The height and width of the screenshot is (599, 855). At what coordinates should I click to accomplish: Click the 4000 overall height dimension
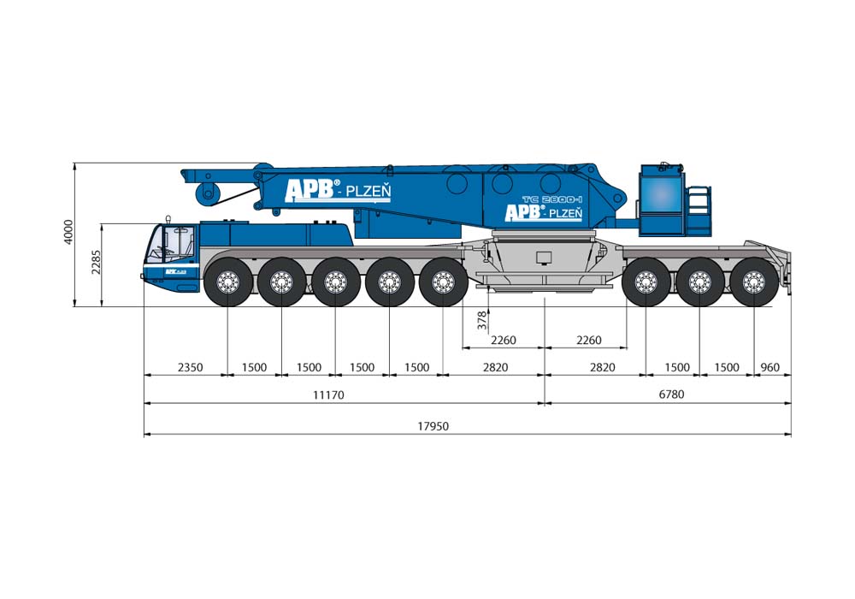[x=69, y=234]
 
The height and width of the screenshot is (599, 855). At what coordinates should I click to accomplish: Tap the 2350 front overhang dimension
[x=190, y=367]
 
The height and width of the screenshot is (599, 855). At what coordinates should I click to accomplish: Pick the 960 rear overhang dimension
[x=770, y=367]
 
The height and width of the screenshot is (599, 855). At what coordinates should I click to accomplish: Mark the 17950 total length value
[x=434, y=426]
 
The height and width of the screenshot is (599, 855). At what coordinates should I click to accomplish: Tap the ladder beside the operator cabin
[x=699, y=205]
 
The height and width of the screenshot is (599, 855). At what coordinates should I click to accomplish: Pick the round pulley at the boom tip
[x=205, y=193]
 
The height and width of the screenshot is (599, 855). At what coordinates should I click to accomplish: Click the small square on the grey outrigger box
[x=544, y=257]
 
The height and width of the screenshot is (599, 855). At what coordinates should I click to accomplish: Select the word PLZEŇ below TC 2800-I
[x=565, y=213]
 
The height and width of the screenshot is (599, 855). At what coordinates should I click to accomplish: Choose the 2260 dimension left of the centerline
[x=504, y=340]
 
